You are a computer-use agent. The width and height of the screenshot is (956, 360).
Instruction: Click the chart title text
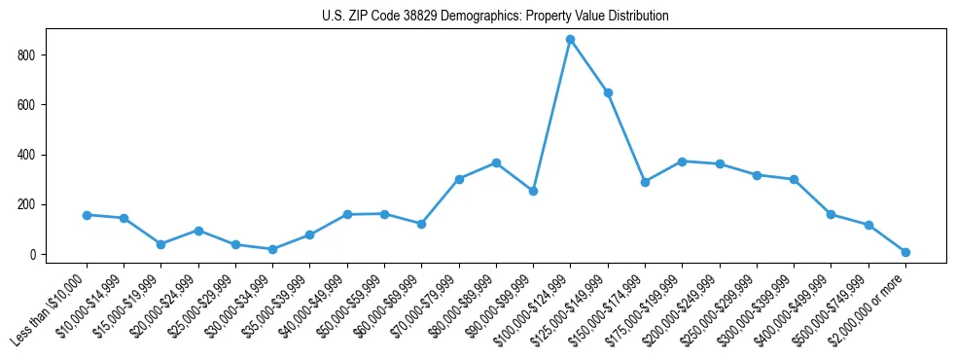click(495, 17)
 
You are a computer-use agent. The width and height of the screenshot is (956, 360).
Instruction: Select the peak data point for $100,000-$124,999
click(571, 39)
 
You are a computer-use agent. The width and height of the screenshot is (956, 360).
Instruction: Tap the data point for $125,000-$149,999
click(608, 92)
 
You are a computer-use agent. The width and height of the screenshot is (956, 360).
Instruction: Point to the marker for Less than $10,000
click(87, 215)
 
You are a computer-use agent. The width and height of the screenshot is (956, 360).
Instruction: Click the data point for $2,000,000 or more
click(905, 252)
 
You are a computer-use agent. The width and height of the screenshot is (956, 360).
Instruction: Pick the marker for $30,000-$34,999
click(272, 249)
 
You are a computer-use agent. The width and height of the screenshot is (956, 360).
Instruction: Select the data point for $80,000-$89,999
click(496, 162)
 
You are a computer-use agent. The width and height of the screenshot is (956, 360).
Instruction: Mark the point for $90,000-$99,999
click(533, 191)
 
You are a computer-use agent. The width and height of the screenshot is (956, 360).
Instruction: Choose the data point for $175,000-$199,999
click(682, 162)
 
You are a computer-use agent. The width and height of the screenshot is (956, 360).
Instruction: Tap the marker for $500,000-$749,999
click(868, 225)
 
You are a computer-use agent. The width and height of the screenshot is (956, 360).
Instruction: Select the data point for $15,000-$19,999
click(160, 244)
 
